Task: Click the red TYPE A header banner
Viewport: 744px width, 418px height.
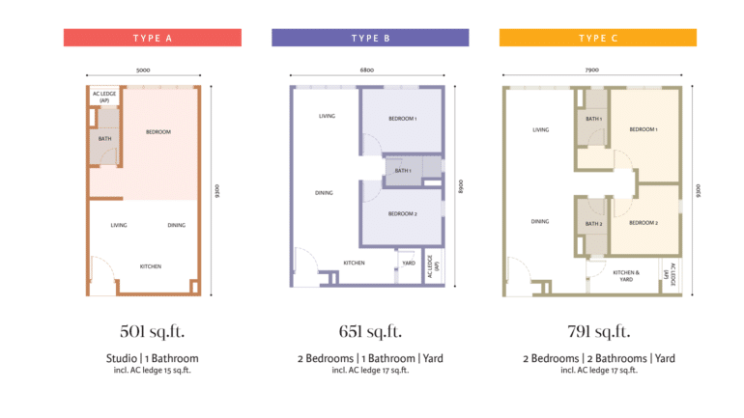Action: tap(153, 38)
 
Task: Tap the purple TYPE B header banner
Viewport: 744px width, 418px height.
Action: tap(370, 38)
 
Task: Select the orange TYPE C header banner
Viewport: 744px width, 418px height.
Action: tap(598, 38)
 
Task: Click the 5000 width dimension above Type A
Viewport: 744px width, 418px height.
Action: tap(143, 70)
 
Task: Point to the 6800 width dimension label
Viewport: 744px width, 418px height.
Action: tap(367, 70)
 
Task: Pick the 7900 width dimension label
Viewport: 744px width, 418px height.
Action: tap(591, 70)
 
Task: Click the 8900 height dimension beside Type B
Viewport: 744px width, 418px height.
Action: tap(460, 186)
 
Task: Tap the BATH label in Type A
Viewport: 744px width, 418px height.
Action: tap(105, 139)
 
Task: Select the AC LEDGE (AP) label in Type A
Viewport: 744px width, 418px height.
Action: tap(104, 97)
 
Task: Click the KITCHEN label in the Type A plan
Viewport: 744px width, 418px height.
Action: tap(151, 266)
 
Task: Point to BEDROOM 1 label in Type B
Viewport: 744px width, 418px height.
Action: tap(403, 119)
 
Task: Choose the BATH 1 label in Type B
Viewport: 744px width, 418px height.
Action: tap(403, 171)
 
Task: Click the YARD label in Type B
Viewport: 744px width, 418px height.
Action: tap(409, 263)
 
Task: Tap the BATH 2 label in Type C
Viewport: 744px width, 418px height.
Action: tap(593, 224)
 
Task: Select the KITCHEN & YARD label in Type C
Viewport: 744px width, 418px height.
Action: tap(626, 276)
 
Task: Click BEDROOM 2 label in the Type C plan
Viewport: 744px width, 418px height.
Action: tap(644, 223)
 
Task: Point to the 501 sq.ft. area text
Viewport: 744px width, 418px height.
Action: tap(153, 331)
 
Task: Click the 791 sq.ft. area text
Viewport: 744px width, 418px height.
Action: tap(599, 331)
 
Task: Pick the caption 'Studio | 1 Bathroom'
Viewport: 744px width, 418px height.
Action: tap(153, 358)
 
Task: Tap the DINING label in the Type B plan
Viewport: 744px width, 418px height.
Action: tap(324, 193)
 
